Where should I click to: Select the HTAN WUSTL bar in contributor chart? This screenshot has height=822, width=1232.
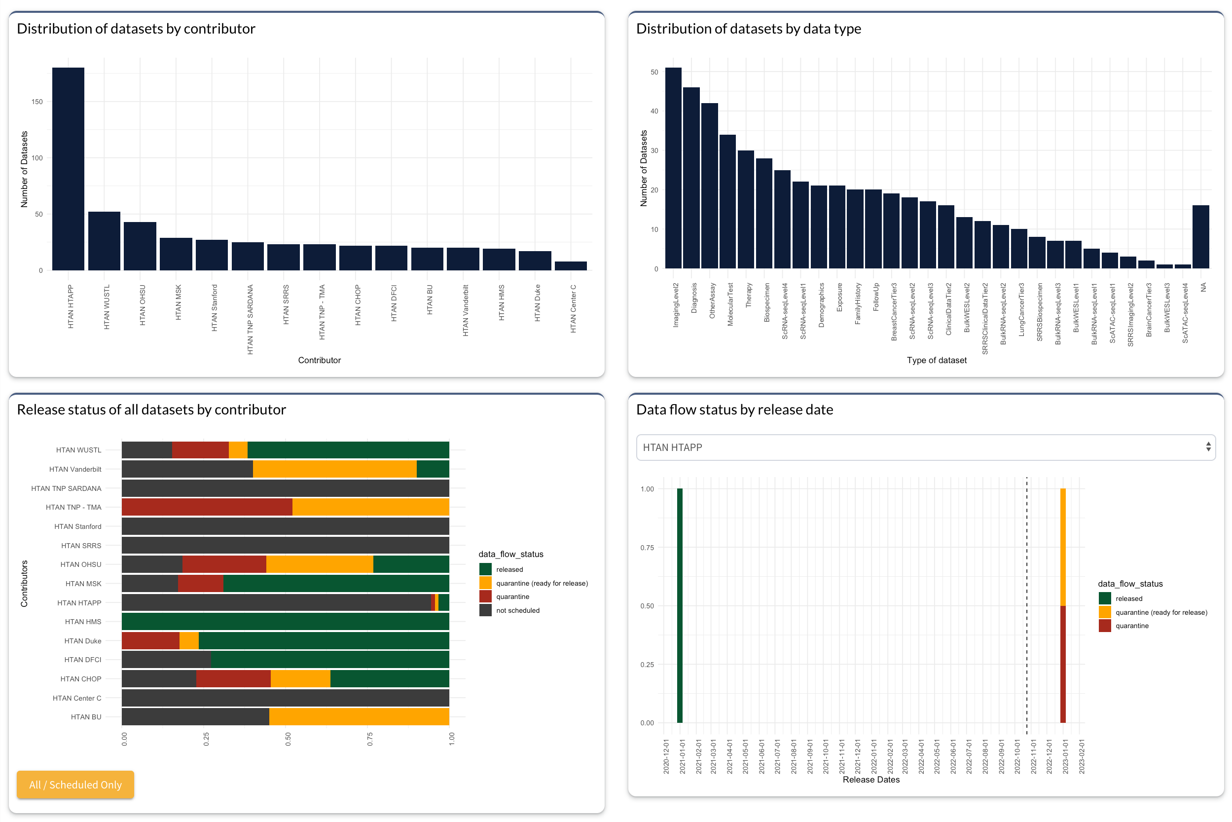pos(104,241)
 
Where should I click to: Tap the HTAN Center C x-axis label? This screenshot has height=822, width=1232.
pos(573,309)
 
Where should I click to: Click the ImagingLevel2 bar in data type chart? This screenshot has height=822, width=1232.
pos(673,168)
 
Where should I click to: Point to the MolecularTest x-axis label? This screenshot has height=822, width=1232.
pos(730,304)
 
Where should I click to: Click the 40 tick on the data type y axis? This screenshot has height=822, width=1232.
pos(654,111)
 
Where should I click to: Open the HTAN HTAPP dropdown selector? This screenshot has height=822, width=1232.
pos(925,447)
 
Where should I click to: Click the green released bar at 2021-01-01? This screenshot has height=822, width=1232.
pos(680,605)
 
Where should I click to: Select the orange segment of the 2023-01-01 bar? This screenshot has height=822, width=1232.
pos(1063,547)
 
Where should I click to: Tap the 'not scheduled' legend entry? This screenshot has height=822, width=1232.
pos(517,610)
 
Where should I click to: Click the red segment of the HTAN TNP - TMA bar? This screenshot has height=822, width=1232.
pos(207,507)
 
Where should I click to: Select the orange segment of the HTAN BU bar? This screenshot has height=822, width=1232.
pos(359,716)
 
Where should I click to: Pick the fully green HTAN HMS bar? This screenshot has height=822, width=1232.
pos(285,622)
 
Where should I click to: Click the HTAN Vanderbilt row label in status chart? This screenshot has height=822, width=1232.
pos(75,469)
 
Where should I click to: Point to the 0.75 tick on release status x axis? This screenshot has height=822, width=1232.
pos(369,739)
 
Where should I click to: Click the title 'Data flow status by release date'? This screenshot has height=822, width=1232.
pos(734,410)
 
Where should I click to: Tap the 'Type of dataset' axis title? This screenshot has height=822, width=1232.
pos(937,360)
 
